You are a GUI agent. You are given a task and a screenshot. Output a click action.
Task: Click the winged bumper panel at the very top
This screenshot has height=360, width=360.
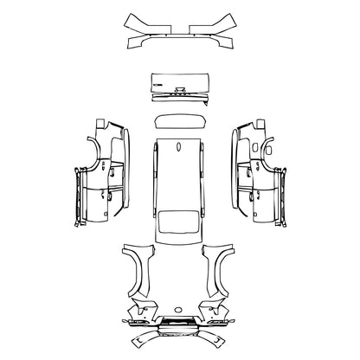(x=180, y=32)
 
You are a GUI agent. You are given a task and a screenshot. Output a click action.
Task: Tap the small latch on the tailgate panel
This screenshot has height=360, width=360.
(x=180, y=89)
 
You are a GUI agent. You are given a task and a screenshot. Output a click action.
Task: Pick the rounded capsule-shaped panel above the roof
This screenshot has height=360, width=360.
(x=180, y=122)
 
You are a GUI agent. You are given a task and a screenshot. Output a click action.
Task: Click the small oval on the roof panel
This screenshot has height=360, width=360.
(x=180, y=148)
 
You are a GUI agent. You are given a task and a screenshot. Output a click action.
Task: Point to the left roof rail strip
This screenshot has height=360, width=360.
(x=153, y=186)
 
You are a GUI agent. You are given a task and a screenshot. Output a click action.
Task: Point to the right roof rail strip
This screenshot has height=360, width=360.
(x=207, y=186)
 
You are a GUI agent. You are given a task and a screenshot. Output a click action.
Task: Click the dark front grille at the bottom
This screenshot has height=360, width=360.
(x=180, y=323)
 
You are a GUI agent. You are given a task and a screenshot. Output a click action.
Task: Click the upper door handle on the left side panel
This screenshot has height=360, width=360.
(x=103, y=164)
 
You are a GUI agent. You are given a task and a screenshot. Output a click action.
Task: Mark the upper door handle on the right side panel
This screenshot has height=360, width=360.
(x=257, y=164)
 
